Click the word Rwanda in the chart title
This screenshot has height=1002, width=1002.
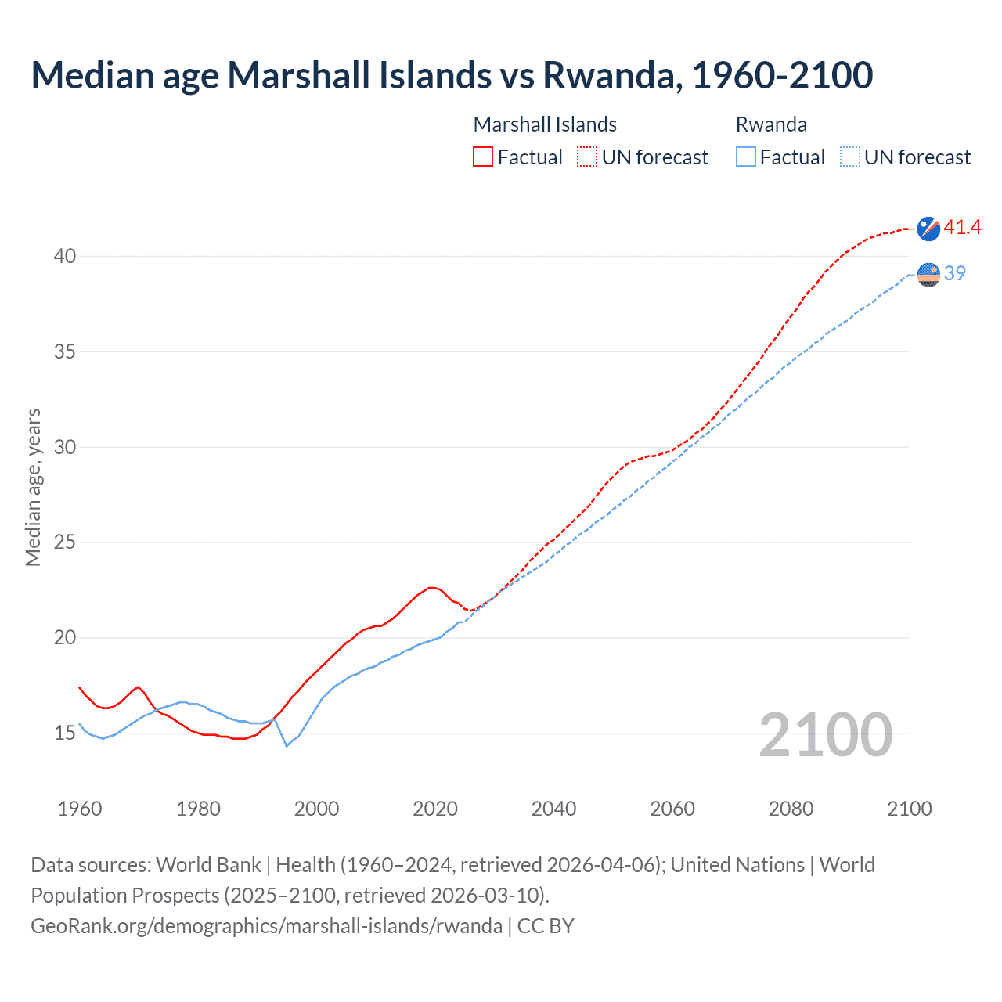pyautogui.click(x=607, y=75)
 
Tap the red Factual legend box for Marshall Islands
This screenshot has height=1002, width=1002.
pyautogui.click(x=483, y=157)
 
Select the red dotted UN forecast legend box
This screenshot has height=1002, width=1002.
pyautogui.click(x=587, y=157)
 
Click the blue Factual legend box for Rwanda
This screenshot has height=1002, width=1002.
pyautogui.click(x=746, y=157)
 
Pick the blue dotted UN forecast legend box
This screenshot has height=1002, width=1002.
pyautogui.click(x=849, y=157)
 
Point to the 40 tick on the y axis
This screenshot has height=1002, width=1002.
pyautogui.click(x=65, y=256)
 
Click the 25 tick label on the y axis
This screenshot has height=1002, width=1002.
pyautogui.click(x=65, y=542)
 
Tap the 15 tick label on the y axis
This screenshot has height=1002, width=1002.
pyautogui.click(x=65, y=733)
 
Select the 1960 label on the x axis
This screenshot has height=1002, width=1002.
pyautogui.click(x=80, y=809)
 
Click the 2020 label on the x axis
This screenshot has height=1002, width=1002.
pyautogui.click(x=435, y=809)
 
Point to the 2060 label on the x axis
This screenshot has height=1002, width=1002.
pyautogui.click(x=672, y=809)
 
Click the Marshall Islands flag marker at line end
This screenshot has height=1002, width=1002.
pyautogui.click(x=928, y=229)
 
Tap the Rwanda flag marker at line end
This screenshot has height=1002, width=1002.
pyautogui.click(x=928, y=275)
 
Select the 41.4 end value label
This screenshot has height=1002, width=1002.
pyautogui.click(x=962, y=228)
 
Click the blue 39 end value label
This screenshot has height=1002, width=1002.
pyautogui.click(x=955, y=273)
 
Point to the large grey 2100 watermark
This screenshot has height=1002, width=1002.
pyautogui.click(x=826, y=735)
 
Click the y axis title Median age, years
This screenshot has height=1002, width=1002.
pyautogui.click(x=33, y=487)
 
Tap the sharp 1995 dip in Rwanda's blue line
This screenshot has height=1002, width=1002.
pyautogui.click(x=287, y=746)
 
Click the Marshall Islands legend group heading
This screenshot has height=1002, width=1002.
pyautogui.click(x=545, y=124)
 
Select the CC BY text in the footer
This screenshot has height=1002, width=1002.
pyautogui.click(x=546, y=926)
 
